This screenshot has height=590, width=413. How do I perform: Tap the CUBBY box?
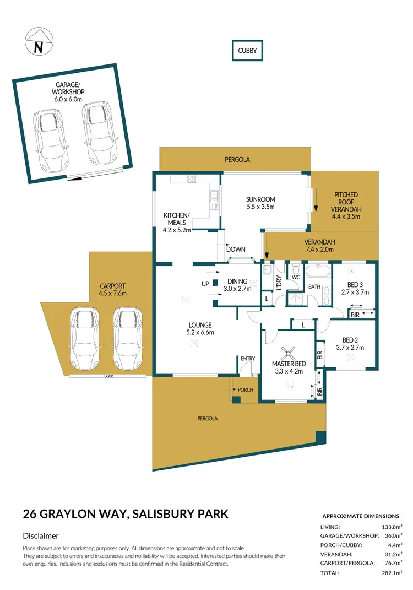[x=247, y=51]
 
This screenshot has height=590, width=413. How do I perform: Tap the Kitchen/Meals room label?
[x=177, y=223]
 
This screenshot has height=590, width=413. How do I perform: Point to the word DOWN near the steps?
[x=236, y=250]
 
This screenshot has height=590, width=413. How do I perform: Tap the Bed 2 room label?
[x=350, y=344]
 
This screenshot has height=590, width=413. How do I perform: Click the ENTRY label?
[x=247, y=359]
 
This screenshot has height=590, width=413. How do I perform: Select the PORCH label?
[x=245, y=390]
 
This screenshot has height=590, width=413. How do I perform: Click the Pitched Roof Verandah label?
[x=346, y=205]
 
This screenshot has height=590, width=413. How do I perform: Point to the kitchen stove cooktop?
[x=192, y=178]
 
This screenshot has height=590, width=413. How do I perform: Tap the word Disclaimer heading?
[x=41, y=535]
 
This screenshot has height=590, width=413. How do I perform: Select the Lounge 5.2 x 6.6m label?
[x=199, y=329]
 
